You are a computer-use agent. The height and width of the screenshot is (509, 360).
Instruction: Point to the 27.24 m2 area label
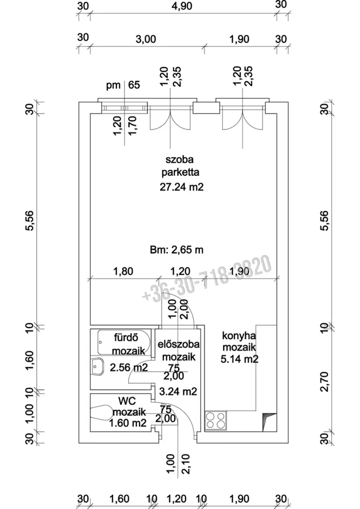(x=181, y=187)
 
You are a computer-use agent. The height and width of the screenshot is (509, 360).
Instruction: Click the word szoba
(x=179, y=160)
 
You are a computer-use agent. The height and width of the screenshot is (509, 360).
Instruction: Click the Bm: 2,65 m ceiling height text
(x=176, y=250)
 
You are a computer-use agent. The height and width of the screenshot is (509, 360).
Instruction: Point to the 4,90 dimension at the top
(x=182, y=6)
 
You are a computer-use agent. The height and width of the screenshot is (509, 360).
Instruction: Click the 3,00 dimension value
(x=146, y=39)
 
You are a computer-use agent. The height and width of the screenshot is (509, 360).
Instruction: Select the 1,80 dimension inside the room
(x=123, y=271)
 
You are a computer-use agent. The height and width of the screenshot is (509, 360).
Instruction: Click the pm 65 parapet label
(x=123, y=85)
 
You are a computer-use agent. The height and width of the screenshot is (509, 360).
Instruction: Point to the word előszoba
(x=179, y=344)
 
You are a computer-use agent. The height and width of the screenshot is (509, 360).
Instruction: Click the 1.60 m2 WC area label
(x=128, y=423)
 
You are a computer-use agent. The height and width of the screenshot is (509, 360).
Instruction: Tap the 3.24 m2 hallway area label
(x=178, y=392)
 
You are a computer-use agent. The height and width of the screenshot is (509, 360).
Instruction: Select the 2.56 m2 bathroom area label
(x=129, y=367)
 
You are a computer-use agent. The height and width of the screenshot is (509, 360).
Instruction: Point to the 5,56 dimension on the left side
(x=30, y=221)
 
